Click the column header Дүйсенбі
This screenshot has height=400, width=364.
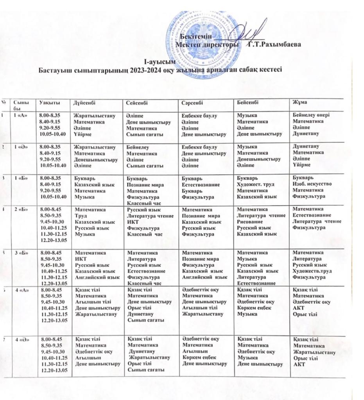tap(84, 102)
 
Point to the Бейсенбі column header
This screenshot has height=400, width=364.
tap(248, 102)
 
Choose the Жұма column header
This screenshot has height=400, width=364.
tap(300, 102)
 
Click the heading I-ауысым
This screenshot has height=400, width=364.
tap(157, 62)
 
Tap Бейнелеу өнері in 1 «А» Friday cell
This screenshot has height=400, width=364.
tap(312, 115)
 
